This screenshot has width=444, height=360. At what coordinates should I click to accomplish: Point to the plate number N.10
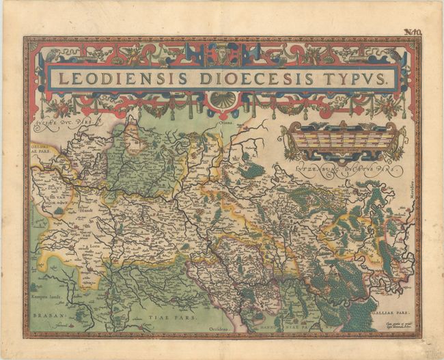click(411, 31)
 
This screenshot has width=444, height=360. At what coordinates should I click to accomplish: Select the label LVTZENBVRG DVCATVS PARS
click(344, 166)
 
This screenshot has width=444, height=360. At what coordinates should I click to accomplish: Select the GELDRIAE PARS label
click(40, 148)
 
